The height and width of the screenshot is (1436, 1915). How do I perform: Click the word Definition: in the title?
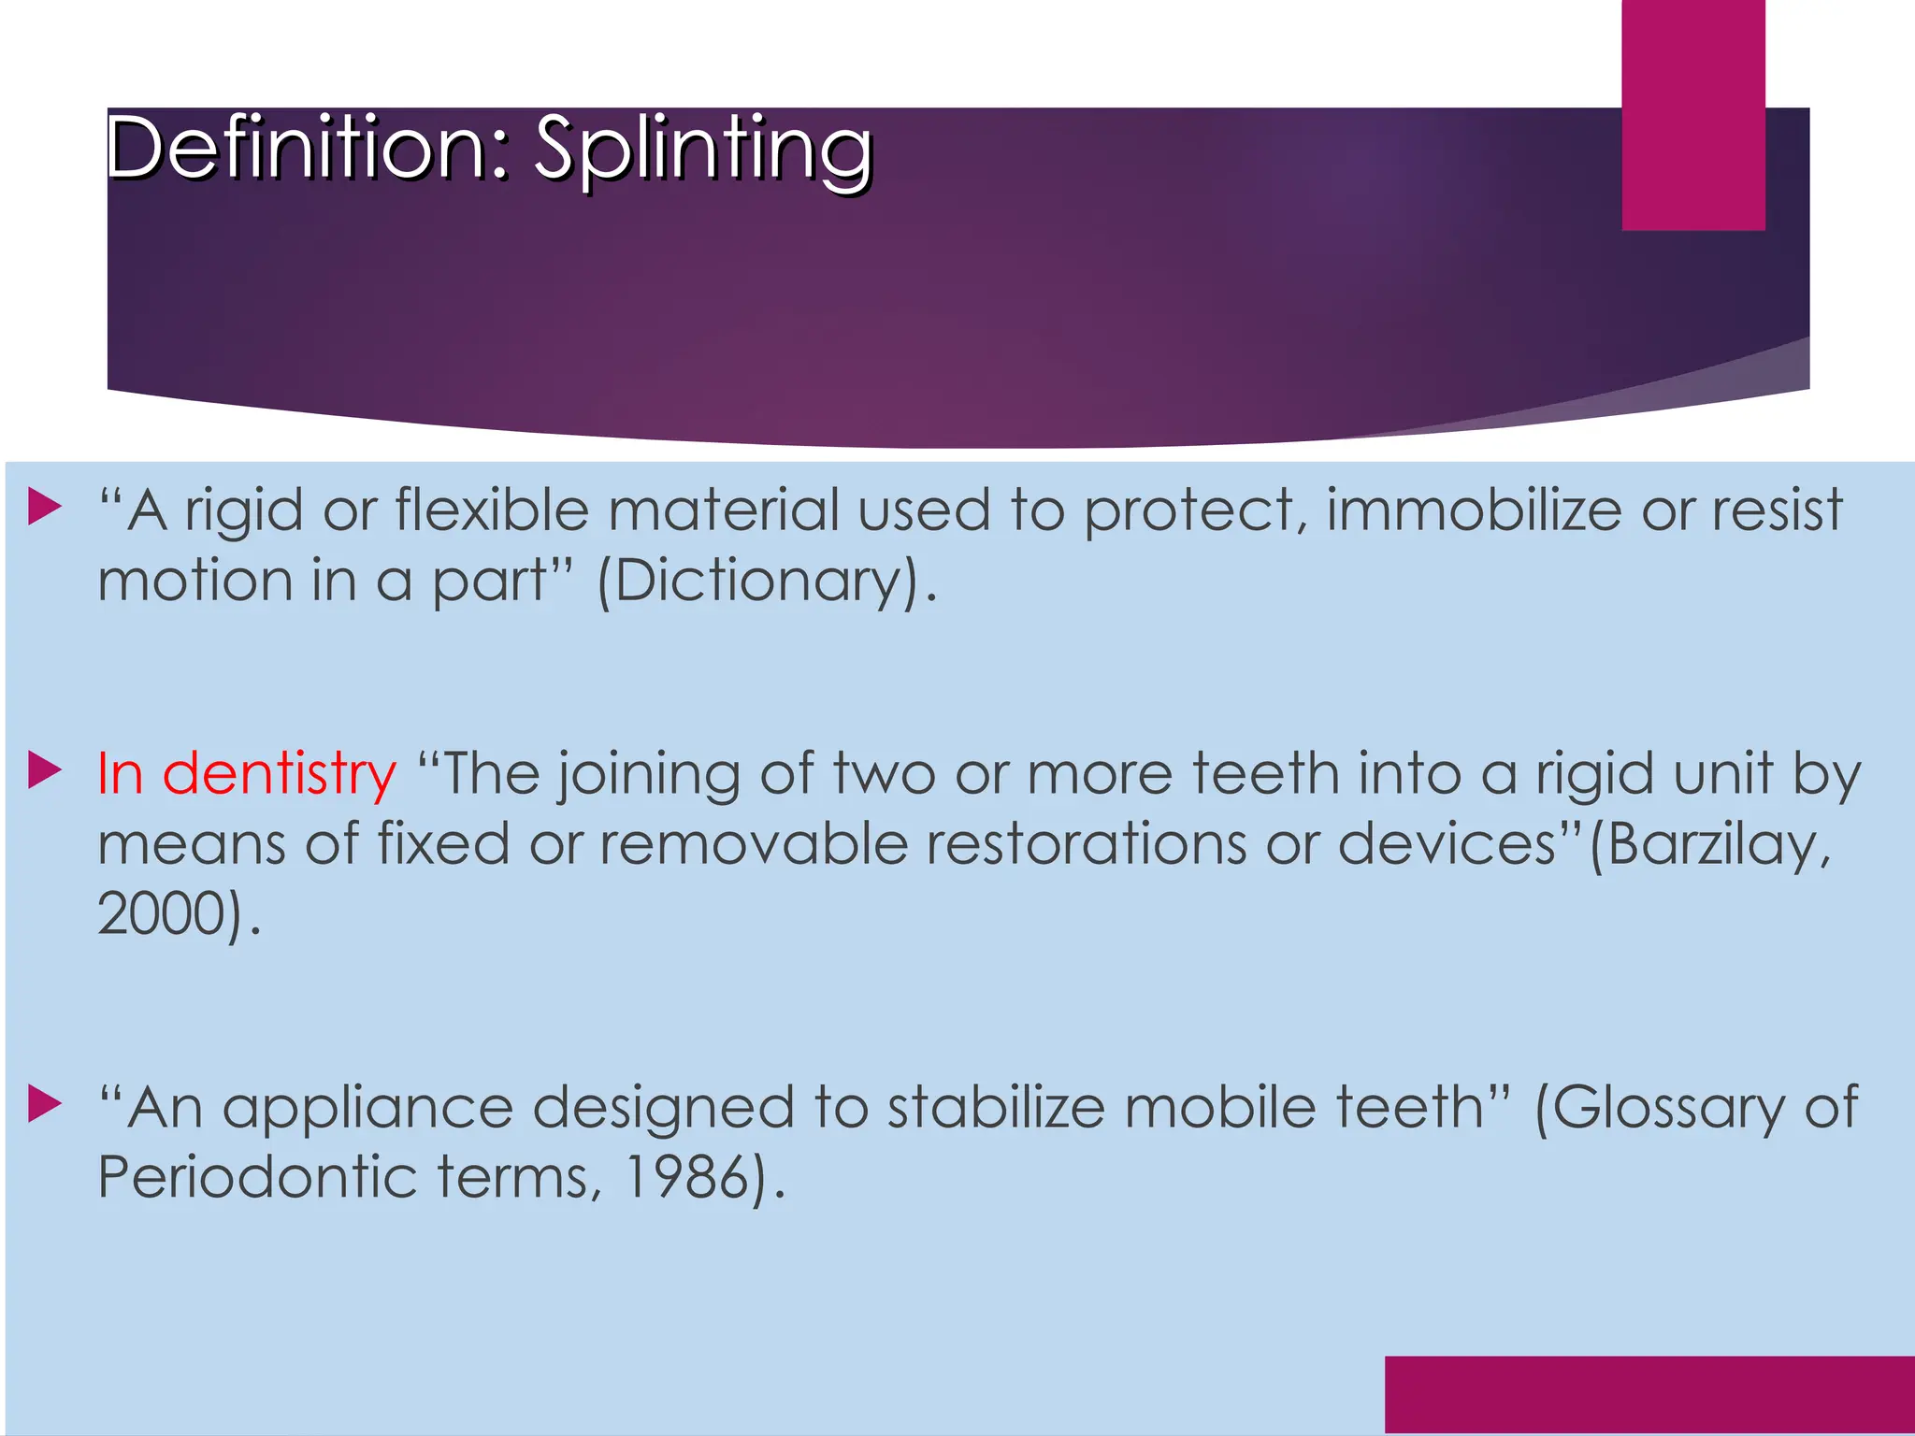(309, 148)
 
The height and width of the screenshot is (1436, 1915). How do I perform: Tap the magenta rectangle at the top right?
(1692, 114)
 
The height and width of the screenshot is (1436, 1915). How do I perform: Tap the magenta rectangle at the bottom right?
(1649, 1394)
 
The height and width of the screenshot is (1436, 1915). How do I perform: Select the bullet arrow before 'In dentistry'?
(45, 771)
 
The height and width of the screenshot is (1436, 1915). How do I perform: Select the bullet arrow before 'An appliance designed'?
(45, 1104)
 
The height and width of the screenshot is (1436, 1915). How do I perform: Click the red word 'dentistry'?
(280, 775)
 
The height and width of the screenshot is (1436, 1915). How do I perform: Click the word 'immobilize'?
(1474, 510)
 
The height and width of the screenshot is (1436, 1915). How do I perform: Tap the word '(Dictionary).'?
(766, 582)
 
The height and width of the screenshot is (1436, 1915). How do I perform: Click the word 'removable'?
(754, 844)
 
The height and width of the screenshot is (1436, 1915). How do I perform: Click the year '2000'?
(160, 914)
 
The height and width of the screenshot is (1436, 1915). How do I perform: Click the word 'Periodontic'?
(257, 1177)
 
